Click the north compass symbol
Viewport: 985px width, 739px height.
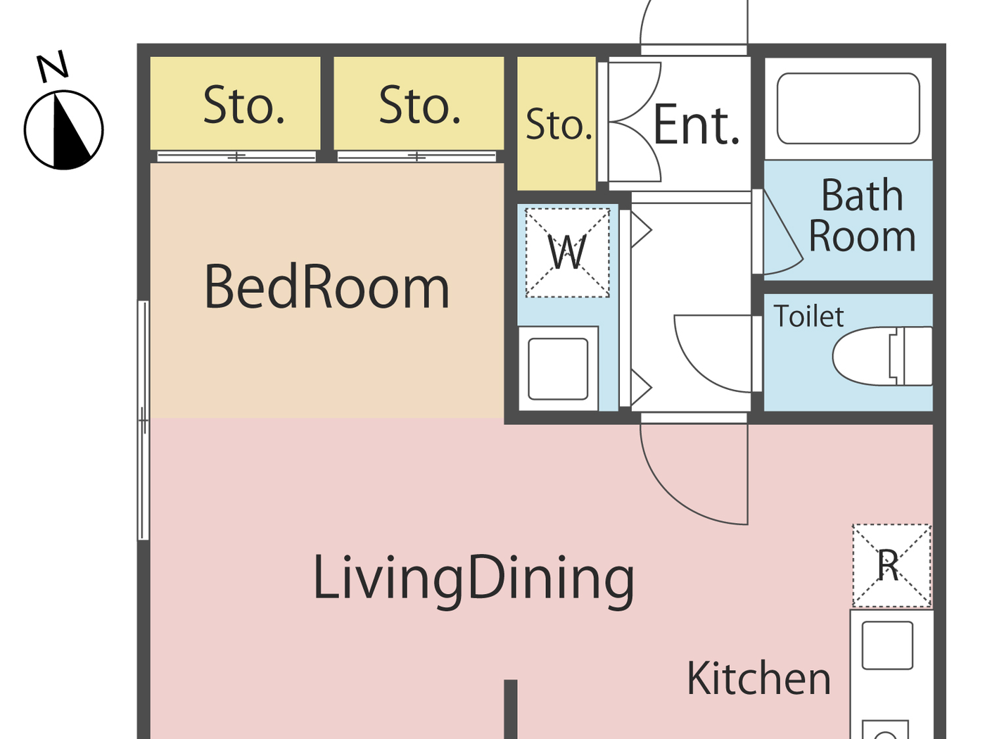[x=63, y=130]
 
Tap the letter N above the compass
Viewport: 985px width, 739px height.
[x=53, y=66]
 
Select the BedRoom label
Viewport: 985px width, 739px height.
[x=326, y=287]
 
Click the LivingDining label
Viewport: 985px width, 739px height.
[x=473, y=579]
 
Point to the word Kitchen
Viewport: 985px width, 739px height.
[x=758, y=679]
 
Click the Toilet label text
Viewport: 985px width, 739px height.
[x=808, y=317]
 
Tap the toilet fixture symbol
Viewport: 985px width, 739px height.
[x=882, y=356]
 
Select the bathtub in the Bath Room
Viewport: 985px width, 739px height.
[x=848, y=108]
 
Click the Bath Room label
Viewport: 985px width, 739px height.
[x=862, y=215]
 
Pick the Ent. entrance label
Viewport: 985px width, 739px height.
[x=697, y=125]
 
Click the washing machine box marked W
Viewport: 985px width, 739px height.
[x=567, y=253]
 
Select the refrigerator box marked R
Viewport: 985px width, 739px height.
[x=891, y=565]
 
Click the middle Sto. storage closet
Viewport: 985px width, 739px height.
[x=419, y=103]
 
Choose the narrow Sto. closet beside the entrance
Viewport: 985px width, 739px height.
[x=557, y=124]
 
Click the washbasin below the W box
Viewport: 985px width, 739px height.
[x=558, y=369]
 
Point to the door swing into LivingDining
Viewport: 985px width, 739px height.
[x=693, y=472]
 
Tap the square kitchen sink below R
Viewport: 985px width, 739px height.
[x=887, y=645]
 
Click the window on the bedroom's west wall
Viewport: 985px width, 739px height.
[x=143, y=420]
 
